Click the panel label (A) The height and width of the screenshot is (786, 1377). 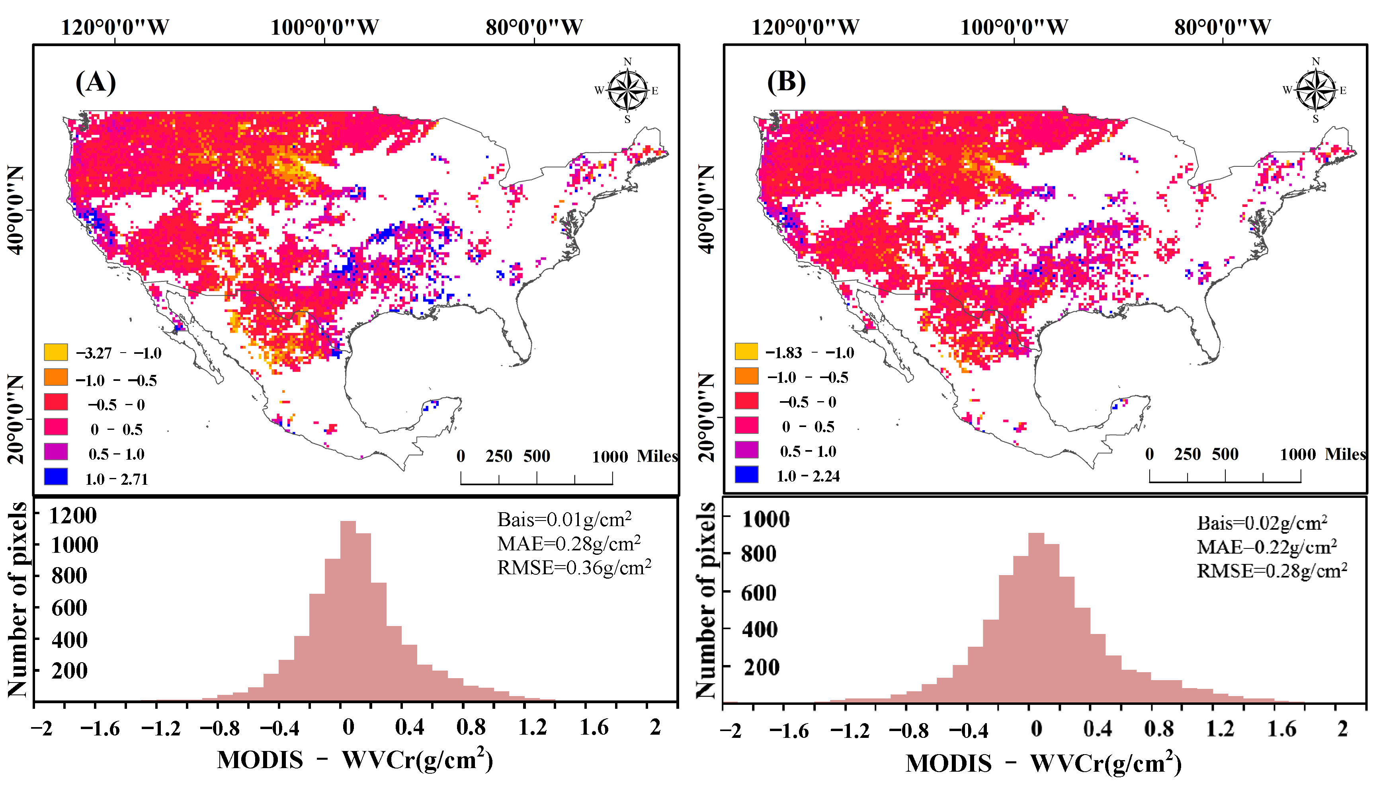point(96,83)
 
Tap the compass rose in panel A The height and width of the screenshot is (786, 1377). point(627,91)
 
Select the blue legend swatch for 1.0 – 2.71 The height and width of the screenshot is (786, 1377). point(56,477)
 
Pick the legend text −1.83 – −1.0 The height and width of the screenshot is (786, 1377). point(809,353)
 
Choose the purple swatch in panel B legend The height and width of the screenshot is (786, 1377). point(746,450)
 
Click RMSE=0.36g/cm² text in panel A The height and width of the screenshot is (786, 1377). point(574,568)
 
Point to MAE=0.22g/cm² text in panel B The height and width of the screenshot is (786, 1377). point(1266,547)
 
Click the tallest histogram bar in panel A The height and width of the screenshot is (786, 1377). point(348,610)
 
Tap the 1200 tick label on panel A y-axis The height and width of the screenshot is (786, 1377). point(73,515)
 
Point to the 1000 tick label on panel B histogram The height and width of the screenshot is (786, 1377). point(766,519)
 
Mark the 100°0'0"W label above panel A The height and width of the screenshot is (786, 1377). point(324,27)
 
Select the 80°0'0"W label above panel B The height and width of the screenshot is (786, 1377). point(1223,27)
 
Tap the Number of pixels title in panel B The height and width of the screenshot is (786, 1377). point(706,599)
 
